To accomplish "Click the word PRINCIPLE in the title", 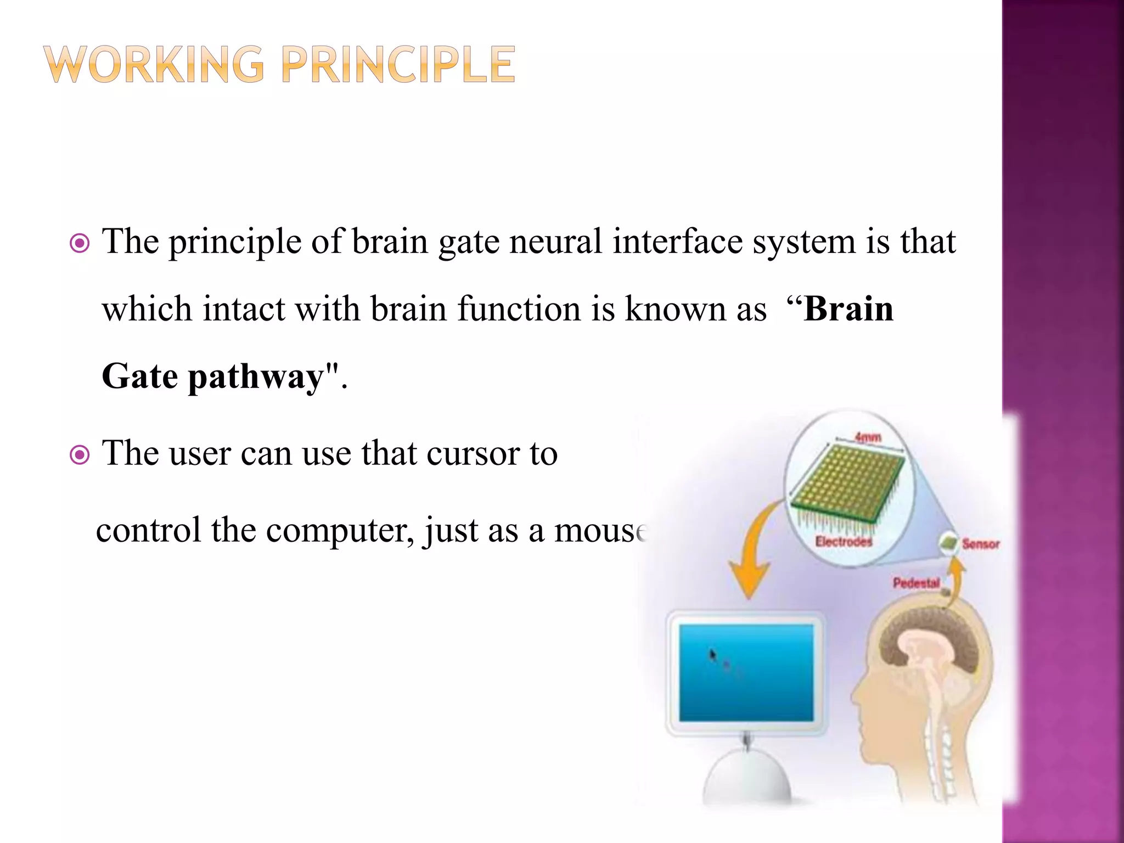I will pyautogui.click(x=398, y=65).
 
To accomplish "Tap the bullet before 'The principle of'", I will pyautogui.click(x=80, y=243).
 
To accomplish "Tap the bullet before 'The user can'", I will pyautogui.click(x=80, y=455).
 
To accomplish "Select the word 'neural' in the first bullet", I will pyautogui.click(x=555, y=241).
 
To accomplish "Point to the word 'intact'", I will pyautogui.click(x=244, y=309).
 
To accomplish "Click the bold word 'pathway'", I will pyautogui.click(x=256, y=378).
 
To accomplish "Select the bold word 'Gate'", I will pyautogui.click(x=140, y=376).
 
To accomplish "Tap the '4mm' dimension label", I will pyautogui.click(x=868, y=437).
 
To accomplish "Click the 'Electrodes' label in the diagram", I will pyautogui.click(x=844, y=542).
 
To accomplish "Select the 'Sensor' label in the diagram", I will pyautogui.click(x=980, y=544).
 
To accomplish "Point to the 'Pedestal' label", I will pyautogui.click(x=916, y=582).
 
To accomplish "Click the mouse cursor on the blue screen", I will pyautogui.click(x=712, y=654).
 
